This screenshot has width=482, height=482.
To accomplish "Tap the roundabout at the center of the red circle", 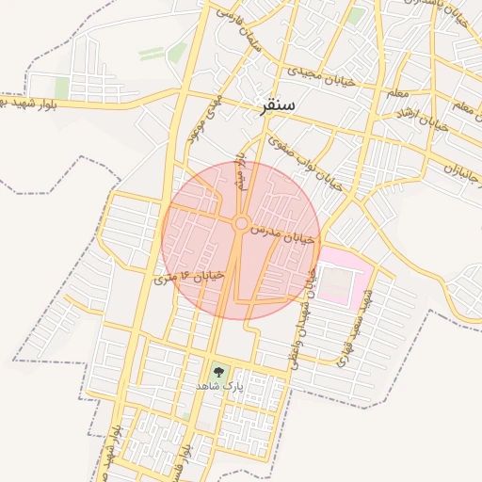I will (241, 223).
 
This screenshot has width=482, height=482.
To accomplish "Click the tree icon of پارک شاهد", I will (219, 371).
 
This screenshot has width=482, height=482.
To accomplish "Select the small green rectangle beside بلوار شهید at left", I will (62, 88).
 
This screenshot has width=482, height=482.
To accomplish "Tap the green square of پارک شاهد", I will (219, 373).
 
